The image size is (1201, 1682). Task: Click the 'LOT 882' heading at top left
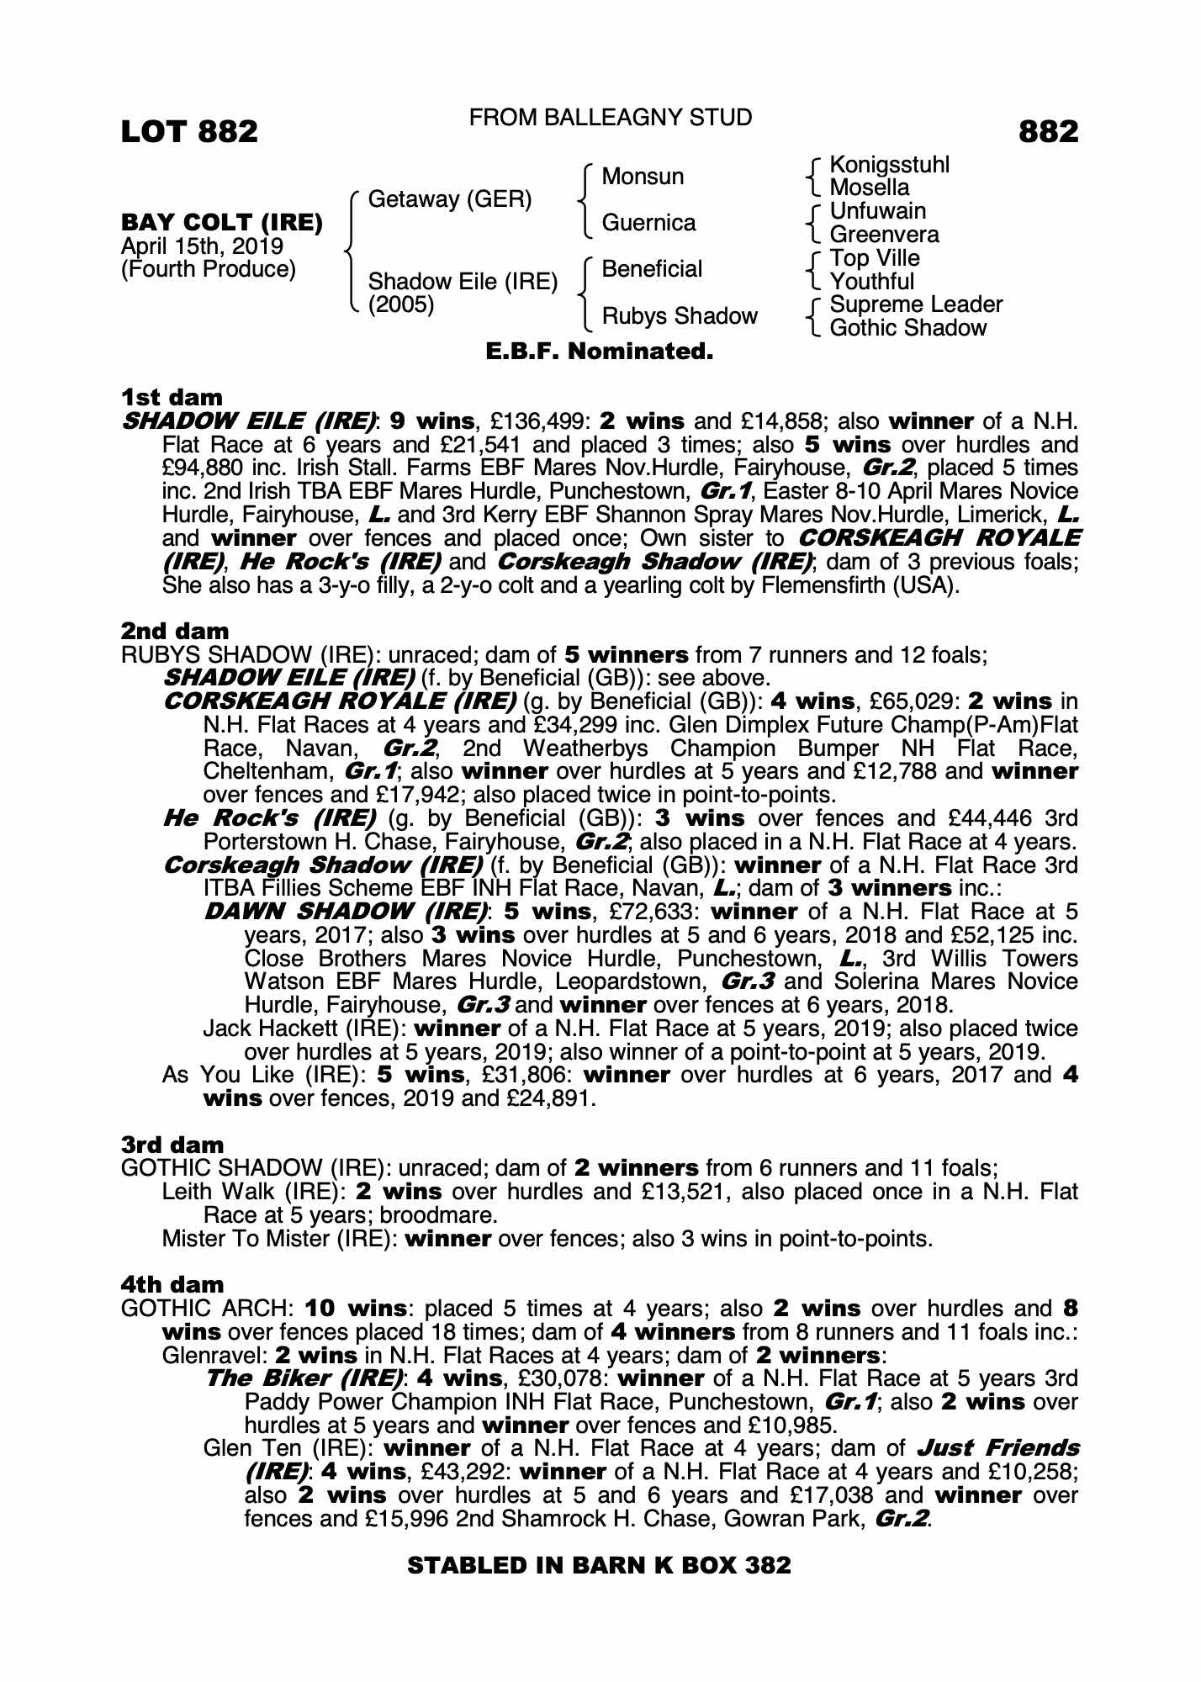click(x=189, y=132)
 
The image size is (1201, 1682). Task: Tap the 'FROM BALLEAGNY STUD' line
click(x=610, y=118)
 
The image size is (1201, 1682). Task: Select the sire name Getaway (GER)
click(x=450, y=200)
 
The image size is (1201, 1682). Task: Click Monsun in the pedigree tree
click(x=643, y=177)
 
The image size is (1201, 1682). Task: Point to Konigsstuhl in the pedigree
click(x=889, y=165)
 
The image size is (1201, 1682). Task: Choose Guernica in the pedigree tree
click(x=648, y=223)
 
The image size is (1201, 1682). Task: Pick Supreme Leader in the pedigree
click(x=916, y=304)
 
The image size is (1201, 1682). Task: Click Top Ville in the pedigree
click(x=875, y=258)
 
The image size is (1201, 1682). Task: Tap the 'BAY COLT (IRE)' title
click(x=222, y=223)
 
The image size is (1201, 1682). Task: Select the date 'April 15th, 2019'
click(x=202, y=246)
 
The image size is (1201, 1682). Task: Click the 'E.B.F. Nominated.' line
click(x=600, y=352)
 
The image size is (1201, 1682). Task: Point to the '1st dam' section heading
click(x=172, y=397)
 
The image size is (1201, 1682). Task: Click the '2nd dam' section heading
click(x=175, y=631)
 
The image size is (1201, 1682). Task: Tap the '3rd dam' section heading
click(x=173, y=1145)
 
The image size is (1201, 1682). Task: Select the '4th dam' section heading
click(x=173, y=1284)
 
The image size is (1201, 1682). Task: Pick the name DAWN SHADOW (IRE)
click(x=346, y=912)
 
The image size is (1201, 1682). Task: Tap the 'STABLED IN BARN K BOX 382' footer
click(x=599, y=1565)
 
